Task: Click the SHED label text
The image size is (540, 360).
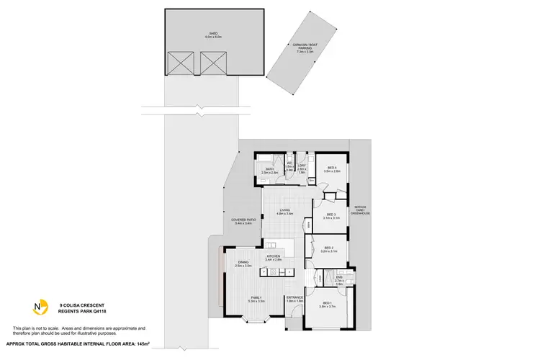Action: pyautogui.click(x=213, y=34)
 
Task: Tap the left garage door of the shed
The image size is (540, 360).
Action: pyautogui.click(x=179, y=63)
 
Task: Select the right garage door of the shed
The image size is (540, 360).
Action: pyautogui.click(x=213, y=63)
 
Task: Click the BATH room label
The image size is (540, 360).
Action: pyautogui.click(x=270, y=171)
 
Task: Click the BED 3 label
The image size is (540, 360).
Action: pyautogui.click(x=331, y=215)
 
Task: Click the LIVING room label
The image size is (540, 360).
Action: pyautogui.click(x=286, y=212)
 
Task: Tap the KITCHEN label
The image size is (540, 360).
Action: pyautogui.click(x=274, y=257)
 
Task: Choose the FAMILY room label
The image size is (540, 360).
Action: pyautogui.click(x=257, y=299)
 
